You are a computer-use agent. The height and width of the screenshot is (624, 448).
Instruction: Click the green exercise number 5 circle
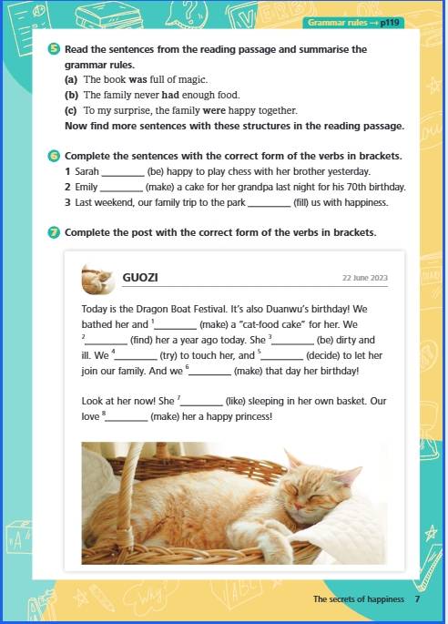coord(54,49)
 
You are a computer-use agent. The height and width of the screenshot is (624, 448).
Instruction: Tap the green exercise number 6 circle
coord(54,156)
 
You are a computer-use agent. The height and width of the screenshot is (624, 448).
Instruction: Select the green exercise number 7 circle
coord(54,232)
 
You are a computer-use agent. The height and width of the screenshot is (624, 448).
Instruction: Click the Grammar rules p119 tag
coord(353,22)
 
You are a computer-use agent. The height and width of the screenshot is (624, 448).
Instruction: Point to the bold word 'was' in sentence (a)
coord(138,79)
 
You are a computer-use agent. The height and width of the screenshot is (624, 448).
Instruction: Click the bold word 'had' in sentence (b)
coord(170,95)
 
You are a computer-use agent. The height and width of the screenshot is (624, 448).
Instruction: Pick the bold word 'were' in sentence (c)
coord(214,110)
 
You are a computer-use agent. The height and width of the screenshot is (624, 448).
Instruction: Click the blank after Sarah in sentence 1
coord(123,175)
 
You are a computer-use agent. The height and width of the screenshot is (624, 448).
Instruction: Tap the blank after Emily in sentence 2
coord(121,190)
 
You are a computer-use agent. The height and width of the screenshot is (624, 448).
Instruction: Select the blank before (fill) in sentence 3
coord(270,206)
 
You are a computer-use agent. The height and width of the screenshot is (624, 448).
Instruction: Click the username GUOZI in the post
coord(140,277)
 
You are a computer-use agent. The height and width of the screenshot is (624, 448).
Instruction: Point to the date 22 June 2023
coord(365,278)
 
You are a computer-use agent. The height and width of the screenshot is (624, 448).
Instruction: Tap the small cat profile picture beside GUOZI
coord(97,279)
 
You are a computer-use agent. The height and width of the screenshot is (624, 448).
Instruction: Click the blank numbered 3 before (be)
coord(293,343)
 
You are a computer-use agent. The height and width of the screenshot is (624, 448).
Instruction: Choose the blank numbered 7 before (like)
coord(202,404)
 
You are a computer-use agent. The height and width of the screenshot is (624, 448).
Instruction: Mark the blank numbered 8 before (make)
coord(127,420)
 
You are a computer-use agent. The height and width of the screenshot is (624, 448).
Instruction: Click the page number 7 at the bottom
coord(417,598)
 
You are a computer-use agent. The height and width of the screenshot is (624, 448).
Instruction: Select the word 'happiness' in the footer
coord(385,599)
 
